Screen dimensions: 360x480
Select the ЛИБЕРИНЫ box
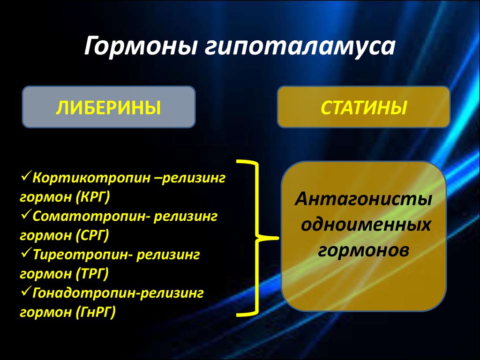pos(109,107)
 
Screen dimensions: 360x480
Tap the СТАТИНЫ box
pos(363,107)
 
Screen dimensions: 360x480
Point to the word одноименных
pos(365,225)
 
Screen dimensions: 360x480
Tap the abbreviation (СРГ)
pos(92,235)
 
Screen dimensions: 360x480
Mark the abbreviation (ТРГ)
pos(92,273)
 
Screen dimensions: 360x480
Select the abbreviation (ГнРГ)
pos(95,312)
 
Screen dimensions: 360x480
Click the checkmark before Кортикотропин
pos(25,178)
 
